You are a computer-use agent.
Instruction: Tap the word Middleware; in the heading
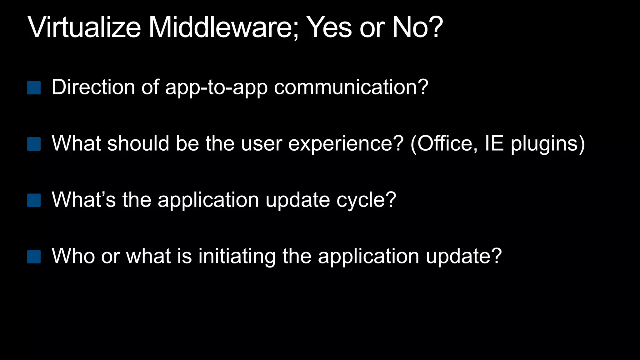point(223,27)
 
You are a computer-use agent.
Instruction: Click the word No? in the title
point(417,27)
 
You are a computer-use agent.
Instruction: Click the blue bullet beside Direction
point(34,88)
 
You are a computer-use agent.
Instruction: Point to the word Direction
point(93,87)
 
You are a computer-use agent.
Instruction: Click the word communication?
point(351,87)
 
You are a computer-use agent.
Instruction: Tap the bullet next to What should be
point(34,144)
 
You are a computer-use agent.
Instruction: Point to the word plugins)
point(547,144)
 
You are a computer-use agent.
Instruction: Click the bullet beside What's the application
point(34,200)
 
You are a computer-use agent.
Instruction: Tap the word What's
point(84,200)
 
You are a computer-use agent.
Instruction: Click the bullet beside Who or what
point(34,257)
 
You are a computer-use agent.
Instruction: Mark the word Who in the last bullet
point(73,256)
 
